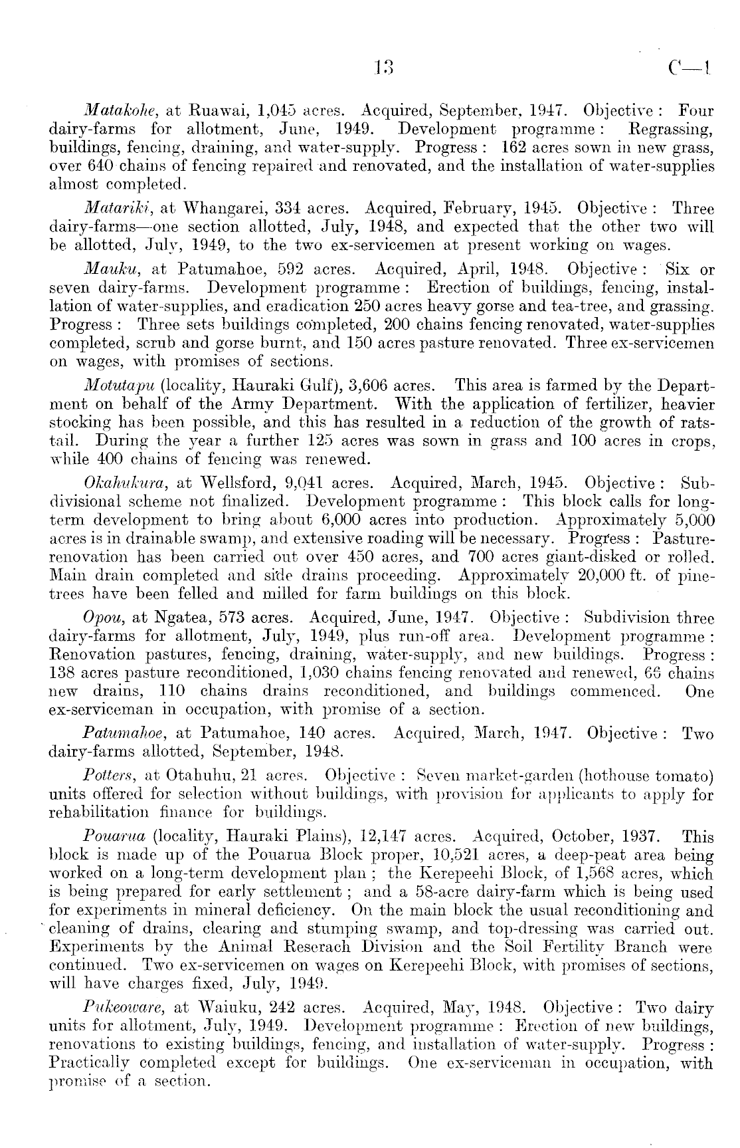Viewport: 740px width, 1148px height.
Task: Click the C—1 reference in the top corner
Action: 690,66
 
